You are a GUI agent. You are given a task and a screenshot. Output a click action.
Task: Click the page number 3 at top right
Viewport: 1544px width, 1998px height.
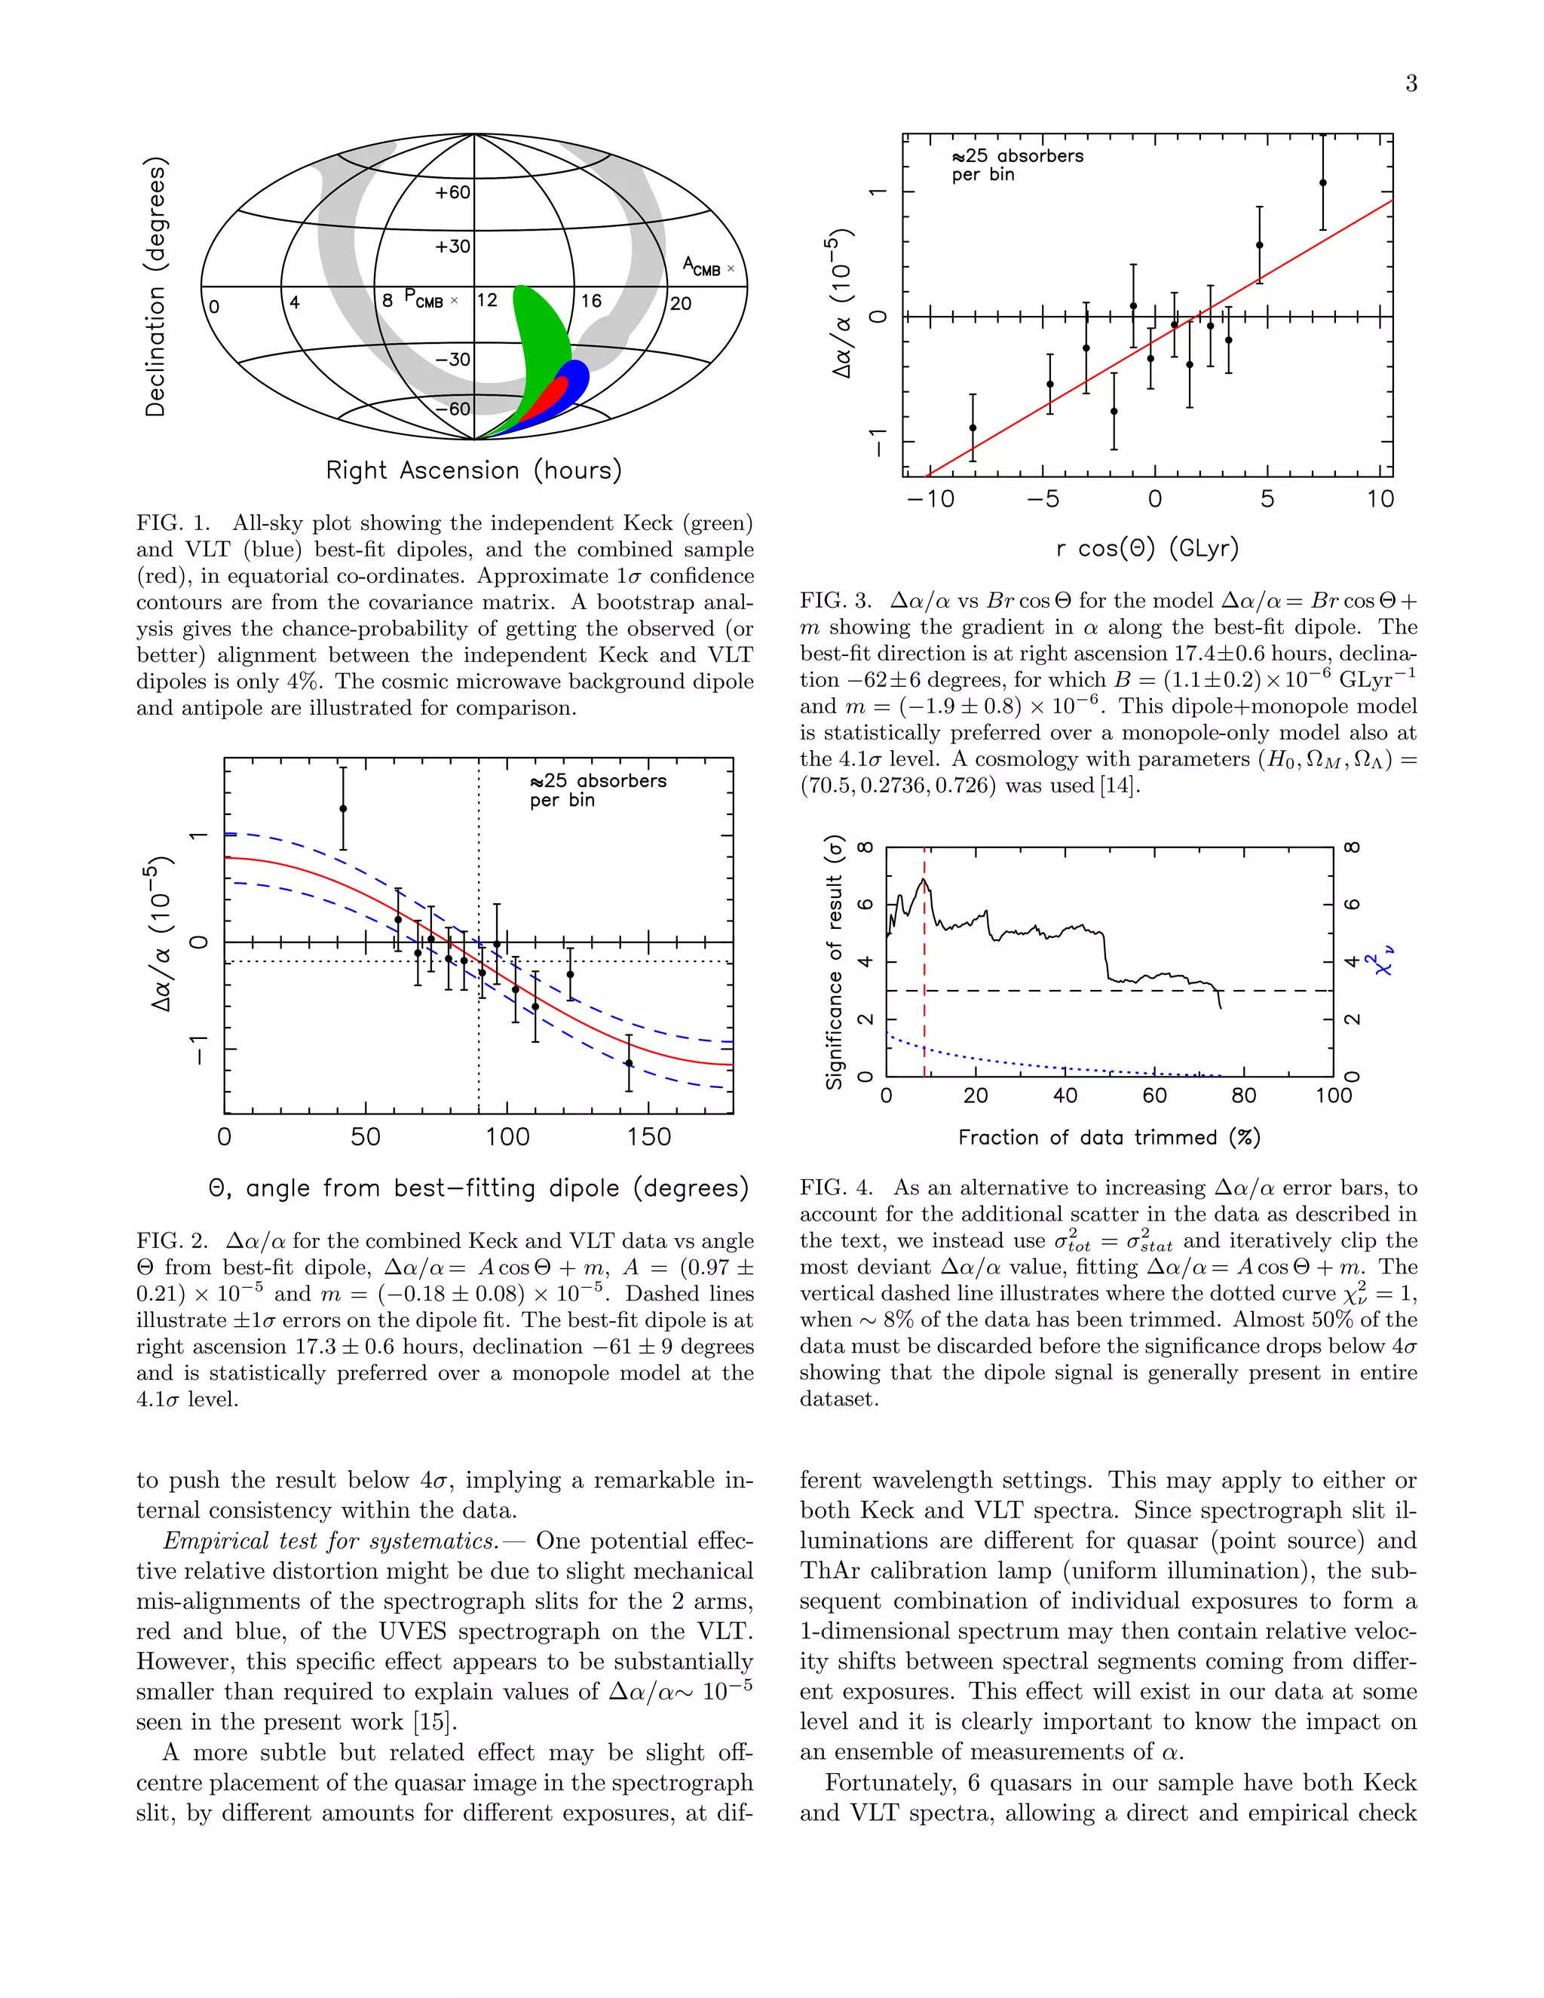coord(1411,84)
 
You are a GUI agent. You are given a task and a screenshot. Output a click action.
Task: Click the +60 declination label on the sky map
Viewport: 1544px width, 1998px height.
coord(453,193)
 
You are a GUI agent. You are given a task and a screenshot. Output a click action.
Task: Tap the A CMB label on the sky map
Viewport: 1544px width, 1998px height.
coord(702,266)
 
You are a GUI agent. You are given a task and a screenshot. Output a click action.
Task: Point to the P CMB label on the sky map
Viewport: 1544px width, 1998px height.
coord(424,299)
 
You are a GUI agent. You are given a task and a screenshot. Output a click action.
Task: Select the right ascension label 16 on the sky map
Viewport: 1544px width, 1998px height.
coord(591,301)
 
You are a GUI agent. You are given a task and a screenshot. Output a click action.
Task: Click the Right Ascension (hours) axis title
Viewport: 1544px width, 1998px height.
coord(473,470)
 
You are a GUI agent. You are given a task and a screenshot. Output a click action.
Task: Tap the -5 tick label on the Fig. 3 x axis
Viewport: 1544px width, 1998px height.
coord(1043,499)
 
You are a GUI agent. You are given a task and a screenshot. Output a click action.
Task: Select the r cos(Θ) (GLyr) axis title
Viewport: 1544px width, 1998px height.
coord(1147,549)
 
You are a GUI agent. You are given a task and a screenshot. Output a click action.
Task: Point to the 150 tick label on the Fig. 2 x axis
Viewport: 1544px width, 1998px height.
coord(648,1137)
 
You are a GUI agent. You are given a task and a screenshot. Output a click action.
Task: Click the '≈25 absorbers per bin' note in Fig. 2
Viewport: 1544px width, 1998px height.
coord(597,790)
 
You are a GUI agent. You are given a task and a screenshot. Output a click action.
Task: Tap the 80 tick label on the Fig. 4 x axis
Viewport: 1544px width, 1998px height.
coord(1244,1096)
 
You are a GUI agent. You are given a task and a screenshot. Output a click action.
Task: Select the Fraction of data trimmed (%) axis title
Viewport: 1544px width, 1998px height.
coord(1108,1137)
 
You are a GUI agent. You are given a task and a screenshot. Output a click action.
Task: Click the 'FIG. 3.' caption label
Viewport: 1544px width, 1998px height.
coord(835,601)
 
